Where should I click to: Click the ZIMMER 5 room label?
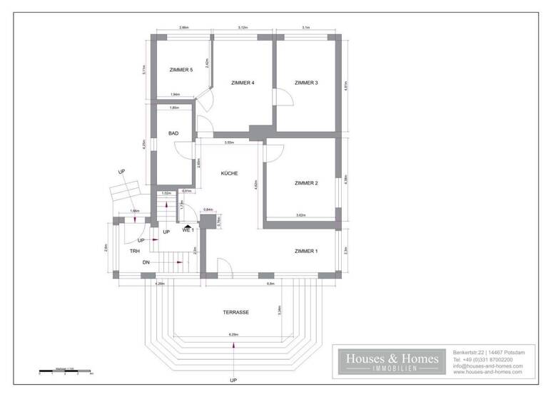point(181,70)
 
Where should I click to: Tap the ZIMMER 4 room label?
point(243,83)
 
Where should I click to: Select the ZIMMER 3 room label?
point(306,83)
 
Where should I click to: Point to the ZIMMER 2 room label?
point(306,183)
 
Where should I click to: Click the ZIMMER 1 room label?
point(306,252)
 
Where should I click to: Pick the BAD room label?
point(173,133)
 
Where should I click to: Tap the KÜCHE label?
point(229,173)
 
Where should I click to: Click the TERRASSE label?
point(235,313)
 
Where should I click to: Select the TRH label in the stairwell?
point(134,252)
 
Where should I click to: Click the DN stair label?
point(146,263)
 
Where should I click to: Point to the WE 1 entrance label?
point(188,230)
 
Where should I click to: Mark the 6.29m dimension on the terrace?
point(233,335)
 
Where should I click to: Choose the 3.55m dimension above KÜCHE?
point(229,142)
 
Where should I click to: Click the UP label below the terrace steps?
point(233,380)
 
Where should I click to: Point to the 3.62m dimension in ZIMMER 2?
point(301,215)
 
